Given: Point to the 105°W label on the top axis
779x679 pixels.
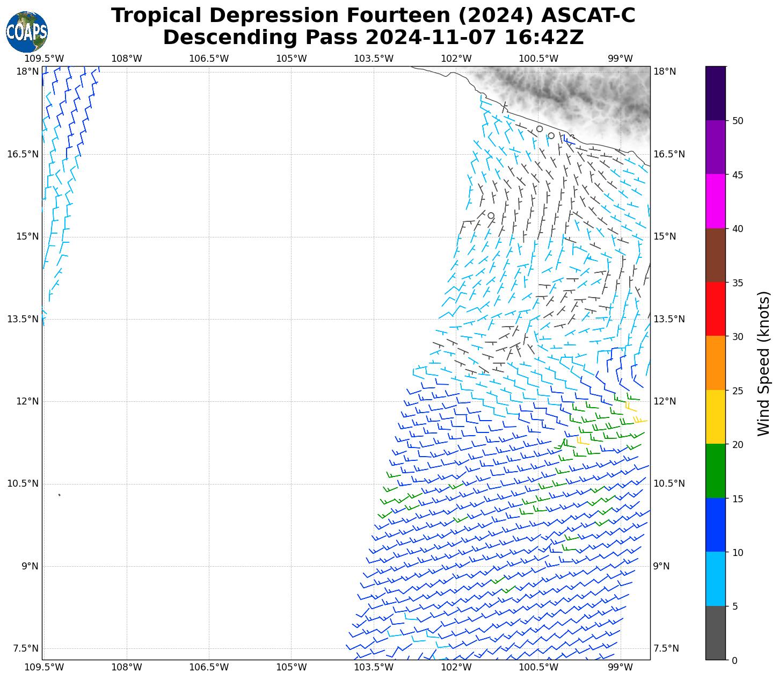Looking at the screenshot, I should point(292,59).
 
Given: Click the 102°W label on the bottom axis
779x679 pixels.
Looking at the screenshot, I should point(456,667).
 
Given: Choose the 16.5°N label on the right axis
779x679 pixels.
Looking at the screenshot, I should point(669,155).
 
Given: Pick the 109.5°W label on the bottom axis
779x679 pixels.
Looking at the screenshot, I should point(44,667).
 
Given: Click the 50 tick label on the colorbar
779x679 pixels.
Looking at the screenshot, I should point(738,121).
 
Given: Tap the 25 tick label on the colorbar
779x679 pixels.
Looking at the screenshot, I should point(738,391).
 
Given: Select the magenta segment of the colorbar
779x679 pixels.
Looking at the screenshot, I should point(715,201).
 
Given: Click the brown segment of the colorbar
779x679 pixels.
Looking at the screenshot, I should point(715,255).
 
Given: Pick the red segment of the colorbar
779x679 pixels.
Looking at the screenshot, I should point(715,309).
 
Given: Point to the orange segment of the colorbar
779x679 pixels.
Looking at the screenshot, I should point(715,363).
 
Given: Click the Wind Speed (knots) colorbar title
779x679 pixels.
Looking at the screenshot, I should point(763,364).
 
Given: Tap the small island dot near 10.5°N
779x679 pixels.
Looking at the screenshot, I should point(59,495).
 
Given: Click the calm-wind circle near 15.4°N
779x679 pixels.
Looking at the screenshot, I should point(491,215).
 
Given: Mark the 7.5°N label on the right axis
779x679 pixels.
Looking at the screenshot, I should point(666,648).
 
